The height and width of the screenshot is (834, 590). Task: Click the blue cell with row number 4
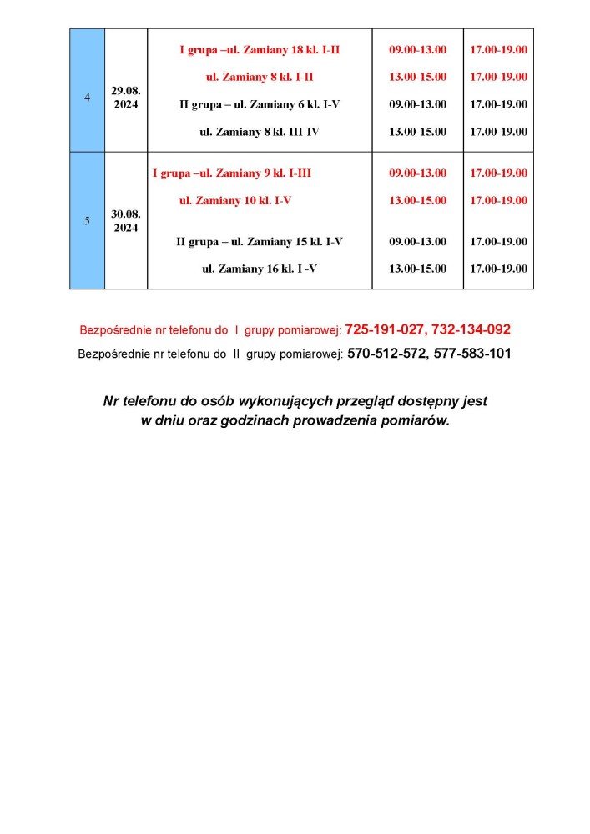tap(88, 98)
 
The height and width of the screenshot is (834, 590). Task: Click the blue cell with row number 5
tap(88, 221)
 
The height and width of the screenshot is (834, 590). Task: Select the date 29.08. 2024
tap(125, 98)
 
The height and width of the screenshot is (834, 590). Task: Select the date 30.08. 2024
tap(125, 221)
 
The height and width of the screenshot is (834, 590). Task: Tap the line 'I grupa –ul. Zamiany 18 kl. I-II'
tap(260, 50)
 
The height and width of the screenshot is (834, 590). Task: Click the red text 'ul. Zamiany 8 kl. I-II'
tap(260, 77)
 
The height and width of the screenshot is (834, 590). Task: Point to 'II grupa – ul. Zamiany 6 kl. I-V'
tap(260, 104)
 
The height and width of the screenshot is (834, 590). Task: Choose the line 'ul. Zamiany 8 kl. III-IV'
tap(260, 132)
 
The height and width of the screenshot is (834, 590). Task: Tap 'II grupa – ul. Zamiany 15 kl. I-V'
tap(260, 242)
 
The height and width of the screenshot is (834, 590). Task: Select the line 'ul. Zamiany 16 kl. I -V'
tap(260, 269)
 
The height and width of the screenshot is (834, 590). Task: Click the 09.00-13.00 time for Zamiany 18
tap(417, 50)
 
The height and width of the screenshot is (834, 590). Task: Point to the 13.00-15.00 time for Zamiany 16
tap(417, 269)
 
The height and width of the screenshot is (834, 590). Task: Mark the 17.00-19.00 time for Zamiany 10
tap(498, 201)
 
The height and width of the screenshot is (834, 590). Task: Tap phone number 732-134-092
tap(471, 329)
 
